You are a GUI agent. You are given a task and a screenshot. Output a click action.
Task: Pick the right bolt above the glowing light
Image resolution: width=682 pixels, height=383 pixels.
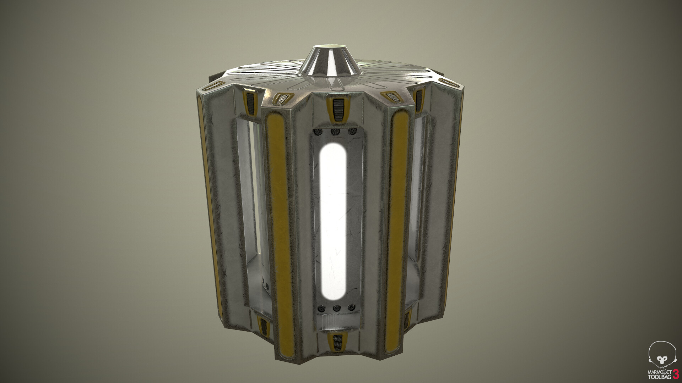pos(352,132)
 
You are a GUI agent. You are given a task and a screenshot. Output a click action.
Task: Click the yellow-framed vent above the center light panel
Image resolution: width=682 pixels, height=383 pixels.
pos(336,104)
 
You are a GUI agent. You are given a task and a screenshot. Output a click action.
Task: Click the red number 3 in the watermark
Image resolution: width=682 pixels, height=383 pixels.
pos(673,374)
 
